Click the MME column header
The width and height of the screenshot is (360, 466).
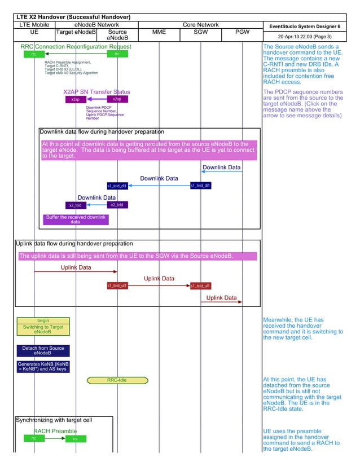[x=159, y=32]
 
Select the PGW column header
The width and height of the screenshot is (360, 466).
[x=242, y=32]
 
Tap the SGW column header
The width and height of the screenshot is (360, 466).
[x=201, y=32]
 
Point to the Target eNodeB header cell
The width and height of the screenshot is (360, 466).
[x=76, y=32]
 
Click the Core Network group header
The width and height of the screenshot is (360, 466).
[x=201, y=25]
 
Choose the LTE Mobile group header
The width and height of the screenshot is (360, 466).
[x=34, y=25]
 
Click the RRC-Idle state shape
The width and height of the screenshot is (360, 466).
[x=117, y=380]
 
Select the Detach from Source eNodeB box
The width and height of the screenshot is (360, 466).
[x=43, y=351]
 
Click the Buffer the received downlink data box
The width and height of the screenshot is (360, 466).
[x=76, y=219]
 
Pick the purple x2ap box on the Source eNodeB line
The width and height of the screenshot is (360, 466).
[x=117, y=99]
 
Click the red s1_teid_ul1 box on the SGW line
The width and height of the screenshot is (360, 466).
[x=200, y=286]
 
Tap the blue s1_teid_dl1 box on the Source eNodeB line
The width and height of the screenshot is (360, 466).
[x=117, y=186]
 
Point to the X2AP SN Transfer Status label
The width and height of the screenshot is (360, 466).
[x=96, y=92]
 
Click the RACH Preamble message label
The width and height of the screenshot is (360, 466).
[x=55, y=432]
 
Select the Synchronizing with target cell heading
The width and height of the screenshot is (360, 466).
[x=54, y=420]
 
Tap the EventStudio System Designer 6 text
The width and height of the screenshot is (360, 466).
[x=305, y=27]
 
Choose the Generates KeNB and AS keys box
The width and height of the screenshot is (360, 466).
[x=43, y=367]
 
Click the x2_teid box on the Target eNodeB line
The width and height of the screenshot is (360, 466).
[x=75, y=205]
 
